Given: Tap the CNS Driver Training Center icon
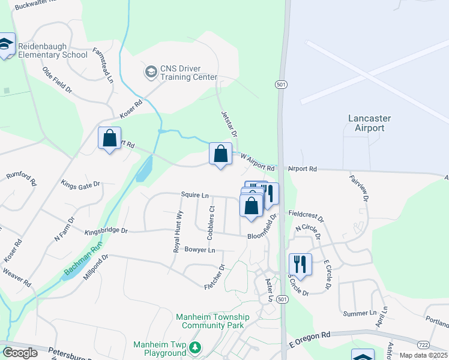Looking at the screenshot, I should [150, 73].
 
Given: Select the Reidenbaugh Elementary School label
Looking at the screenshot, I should [52, 50].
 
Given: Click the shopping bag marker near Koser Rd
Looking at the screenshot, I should [109, 139].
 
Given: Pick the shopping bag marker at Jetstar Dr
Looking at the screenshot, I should [220, 154].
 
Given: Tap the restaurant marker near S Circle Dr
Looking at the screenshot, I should [300, 264].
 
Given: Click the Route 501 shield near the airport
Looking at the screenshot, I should [280, 84].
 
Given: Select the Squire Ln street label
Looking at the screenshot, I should [196, 195].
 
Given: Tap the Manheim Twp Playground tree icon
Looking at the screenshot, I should [195, 347].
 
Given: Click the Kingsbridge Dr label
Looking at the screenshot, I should [106, 230].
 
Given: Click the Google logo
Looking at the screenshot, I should [20, 352].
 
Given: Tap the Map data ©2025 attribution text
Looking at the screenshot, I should [423, 355].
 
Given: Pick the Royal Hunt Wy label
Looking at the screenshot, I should [177, 232].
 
